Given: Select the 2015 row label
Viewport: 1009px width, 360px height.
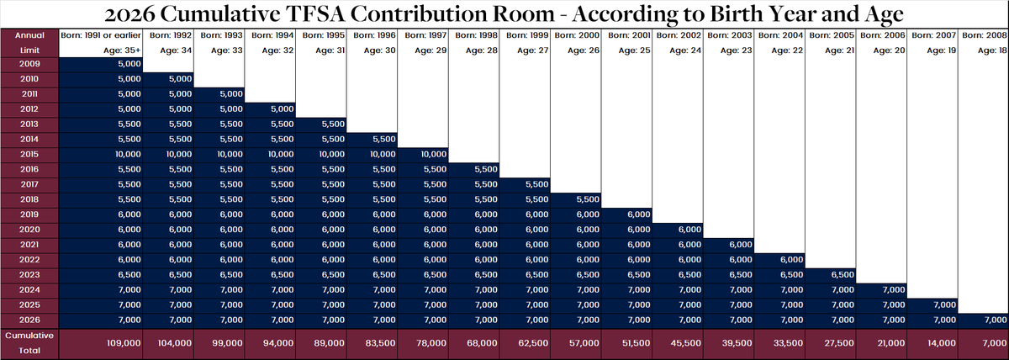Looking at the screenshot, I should coord(29,154).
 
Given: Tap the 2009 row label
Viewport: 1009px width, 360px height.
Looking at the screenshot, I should coord(29,64).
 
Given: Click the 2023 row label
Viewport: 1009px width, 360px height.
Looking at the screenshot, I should coord(29,274).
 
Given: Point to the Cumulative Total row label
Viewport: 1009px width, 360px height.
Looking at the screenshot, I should coord(29,342).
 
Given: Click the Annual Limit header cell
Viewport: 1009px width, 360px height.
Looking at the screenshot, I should coord(29,43).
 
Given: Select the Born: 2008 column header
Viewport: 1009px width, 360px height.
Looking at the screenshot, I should coord(984,36).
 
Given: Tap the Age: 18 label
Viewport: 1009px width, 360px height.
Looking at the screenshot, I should coord(992,50).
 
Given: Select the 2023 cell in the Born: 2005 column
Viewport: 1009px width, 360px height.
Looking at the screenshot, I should coord(841,274).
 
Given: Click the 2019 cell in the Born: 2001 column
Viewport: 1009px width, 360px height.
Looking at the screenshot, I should coord(637,214).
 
